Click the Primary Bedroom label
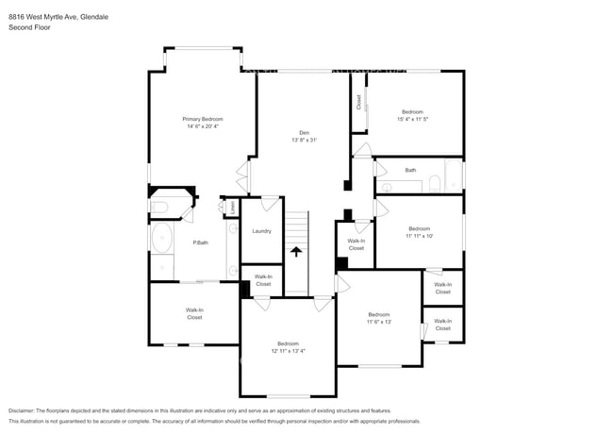(203, 119)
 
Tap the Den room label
(304, 132)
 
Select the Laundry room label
(262, 230)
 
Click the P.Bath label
(200, 243)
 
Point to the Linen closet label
(231, 205)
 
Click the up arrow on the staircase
(297, 252)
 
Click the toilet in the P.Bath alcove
(159, 207)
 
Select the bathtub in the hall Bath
(454, 175)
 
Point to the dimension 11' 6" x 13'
(379, 322)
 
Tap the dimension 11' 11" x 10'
(420, 236)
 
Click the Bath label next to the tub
(410, 170)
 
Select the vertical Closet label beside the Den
(359, 102)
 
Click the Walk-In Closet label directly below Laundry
(263, 280)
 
